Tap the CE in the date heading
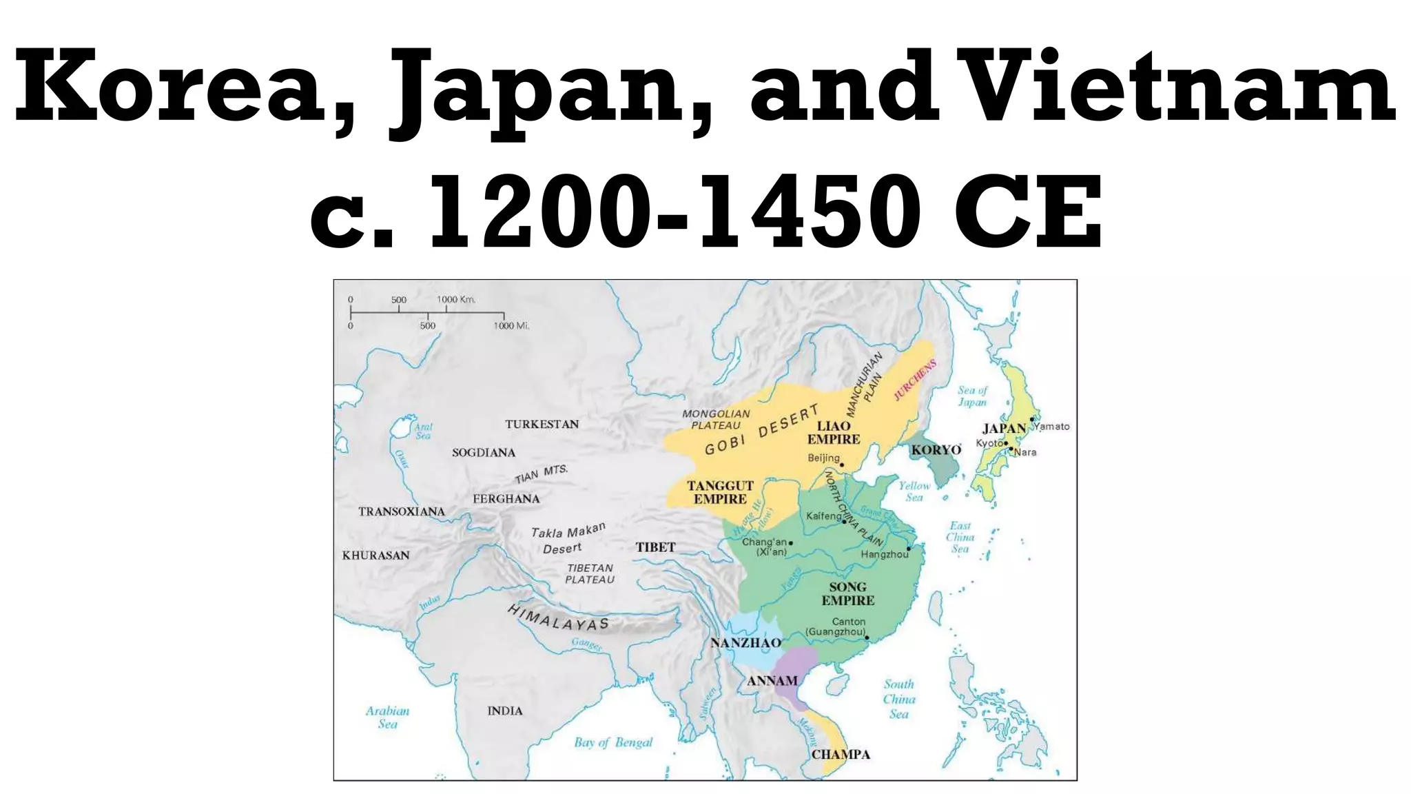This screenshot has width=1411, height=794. coord(1027,212)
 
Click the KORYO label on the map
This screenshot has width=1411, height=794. coord(936,450)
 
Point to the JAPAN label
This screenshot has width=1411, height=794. coord(1004,428)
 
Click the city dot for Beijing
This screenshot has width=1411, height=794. coord(842,465)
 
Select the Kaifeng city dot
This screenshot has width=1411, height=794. coord(844,522)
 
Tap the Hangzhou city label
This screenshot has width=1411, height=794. coord(885,554)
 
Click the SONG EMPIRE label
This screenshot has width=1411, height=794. coord(847,593)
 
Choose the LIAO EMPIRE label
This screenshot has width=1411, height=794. coord(834,432)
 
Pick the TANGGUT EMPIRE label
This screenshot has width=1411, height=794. coord(720,492)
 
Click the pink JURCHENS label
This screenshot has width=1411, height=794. coord(915,380)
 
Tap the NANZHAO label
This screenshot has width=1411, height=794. coord(745,643)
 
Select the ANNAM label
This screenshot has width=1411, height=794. coord(772,681)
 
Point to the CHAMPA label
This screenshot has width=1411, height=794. coord(841,754)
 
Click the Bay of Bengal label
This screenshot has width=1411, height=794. coord(613,742)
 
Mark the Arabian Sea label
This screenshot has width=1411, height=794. coord(387,717)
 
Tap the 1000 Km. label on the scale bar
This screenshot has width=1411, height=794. coord(456,299)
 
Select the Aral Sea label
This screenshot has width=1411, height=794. coord(423,431)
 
